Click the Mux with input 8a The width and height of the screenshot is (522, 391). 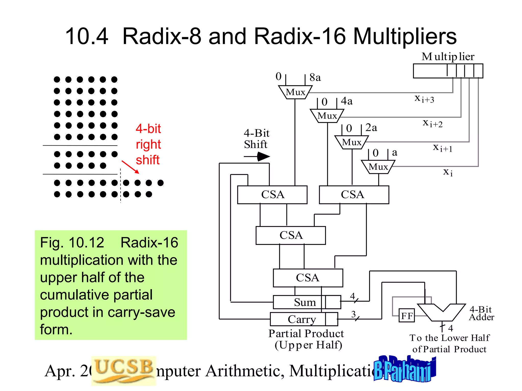tap(295, 92)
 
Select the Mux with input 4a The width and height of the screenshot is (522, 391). tap(327, 116)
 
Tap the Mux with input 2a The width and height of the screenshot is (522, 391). tap(351, 142)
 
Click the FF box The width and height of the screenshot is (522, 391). tap(407, 316)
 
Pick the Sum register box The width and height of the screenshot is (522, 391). tap(307, 302)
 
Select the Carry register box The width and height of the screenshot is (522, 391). tap(304, 319)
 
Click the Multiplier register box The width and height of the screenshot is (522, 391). tap(448, 71)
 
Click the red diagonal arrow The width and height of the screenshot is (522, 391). tap(130, 167)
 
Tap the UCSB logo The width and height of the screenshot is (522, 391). tap(124, 370)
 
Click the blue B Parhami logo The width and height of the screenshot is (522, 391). tap(404, 369)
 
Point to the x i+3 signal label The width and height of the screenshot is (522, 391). tap(424, 99)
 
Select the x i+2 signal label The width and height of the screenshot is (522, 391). tap(433, 123)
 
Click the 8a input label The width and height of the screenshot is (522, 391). tap(315, 77)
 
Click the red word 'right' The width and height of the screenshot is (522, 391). tap(148, 144)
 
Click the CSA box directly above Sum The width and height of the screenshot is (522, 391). tap(308, 278)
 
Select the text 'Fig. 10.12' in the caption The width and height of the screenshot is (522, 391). tap(72, 242)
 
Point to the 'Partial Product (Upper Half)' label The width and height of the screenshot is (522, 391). tap(306, 339)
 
